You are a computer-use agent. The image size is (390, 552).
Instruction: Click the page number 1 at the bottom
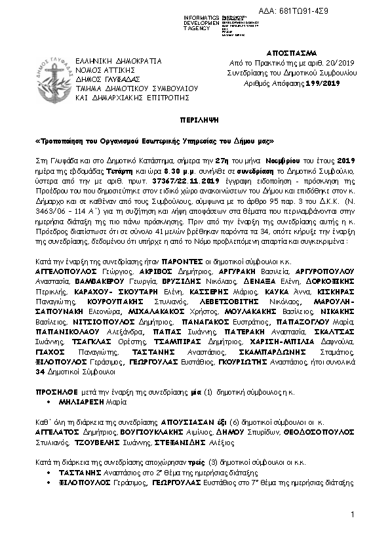(352, 515)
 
